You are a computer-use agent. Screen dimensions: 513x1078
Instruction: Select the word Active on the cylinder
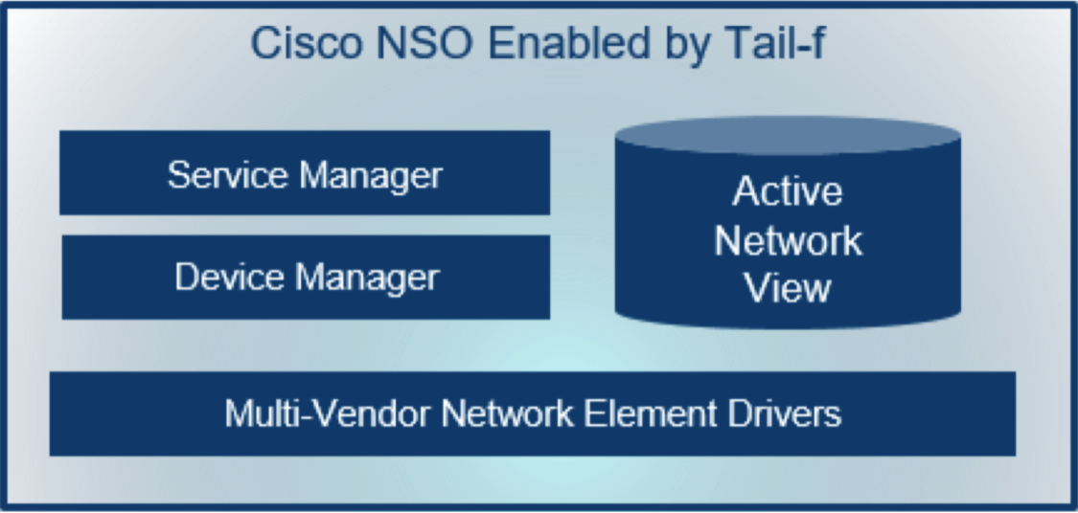click(x=788, y=191)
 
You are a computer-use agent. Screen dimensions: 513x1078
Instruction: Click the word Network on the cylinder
click(x=788, y=240)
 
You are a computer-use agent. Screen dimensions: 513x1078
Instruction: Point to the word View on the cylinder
click(x=788, y=287)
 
